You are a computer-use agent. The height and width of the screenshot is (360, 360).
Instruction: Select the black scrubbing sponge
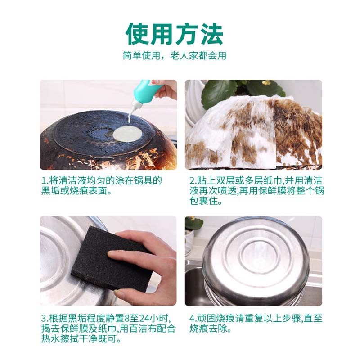coord(115,256)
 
